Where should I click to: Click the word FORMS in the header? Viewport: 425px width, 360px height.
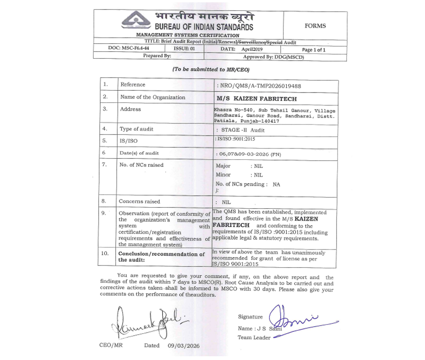click(x=315, y=26)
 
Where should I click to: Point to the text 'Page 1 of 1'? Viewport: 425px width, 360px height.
click(x=314, y=49)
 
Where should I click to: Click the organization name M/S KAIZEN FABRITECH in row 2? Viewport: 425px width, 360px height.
click(x=250, y=99)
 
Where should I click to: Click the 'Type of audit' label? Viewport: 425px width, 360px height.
click(x=137, y=129)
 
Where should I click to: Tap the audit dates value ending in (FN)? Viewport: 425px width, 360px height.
click(x=248, y=154)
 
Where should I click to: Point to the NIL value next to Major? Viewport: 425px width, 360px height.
click(x=258, y=166)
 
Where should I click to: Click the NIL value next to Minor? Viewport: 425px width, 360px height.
click(x=258, y=175)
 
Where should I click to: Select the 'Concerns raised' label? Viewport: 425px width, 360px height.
click(x=139, y=201)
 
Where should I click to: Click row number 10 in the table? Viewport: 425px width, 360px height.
click(x=106, y=253)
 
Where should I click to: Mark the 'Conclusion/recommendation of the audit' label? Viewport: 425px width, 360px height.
click(x=161, y=257)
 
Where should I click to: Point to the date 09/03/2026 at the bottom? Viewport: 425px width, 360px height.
click(x=183, y=346)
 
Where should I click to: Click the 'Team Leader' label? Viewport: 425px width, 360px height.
click(x=254, y=337)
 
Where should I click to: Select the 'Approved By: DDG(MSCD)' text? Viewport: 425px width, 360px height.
click(x=273, y=57)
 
